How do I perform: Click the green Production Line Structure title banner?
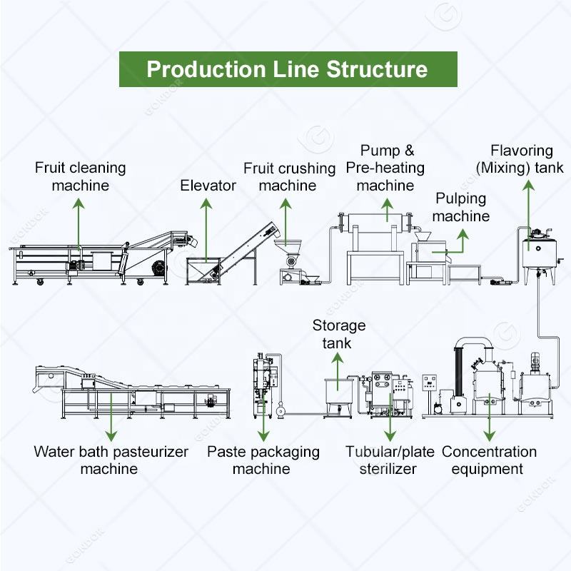tap(288, 69)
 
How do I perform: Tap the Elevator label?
tap(208, 186)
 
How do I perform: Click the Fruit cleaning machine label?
tap(81, 176)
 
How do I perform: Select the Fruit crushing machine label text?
tap(290, 177)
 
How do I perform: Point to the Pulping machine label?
tap(461, 207)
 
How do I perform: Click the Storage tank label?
tap(338, 334)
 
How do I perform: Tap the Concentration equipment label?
tap(489, 460)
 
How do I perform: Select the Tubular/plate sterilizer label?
tap(390, 460)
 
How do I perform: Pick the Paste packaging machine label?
tap(263, 460)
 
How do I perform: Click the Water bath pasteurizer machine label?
tap(111, 460)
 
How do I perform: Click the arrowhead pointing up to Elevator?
tap(206, 203)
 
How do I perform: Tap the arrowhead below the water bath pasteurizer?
tap(111, 436)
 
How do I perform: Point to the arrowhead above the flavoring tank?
tap(529, 185)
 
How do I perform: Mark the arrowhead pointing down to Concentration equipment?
tap(490, 436)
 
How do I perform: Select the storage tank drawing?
tap(338, 398)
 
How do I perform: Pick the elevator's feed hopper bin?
tap(203, 271)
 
